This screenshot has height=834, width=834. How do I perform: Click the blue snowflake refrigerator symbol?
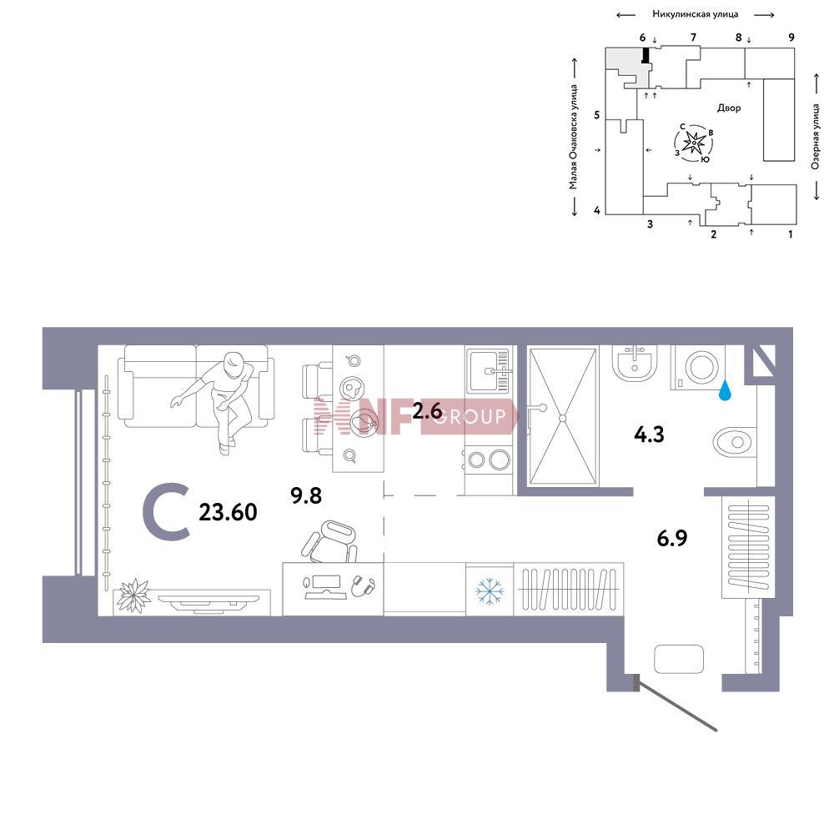point(490,591)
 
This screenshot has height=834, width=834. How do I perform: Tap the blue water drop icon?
point(725,389)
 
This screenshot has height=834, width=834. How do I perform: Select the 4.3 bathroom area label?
point(649,435)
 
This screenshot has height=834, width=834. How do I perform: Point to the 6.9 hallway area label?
point(672,538)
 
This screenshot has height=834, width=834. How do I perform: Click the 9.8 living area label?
point(306,495)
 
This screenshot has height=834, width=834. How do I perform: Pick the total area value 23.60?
point(229,512)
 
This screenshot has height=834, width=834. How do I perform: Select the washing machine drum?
point(701,367)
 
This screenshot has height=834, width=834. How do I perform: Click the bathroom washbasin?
point(635,364)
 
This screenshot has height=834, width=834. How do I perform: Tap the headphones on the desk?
point(364,586)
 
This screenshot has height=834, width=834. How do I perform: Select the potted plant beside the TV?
point(133,595)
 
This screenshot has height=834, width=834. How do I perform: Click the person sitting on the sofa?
point(223,398)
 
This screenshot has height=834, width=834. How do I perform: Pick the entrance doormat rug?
point(679,659)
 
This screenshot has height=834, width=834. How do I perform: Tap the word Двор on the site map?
point(729,108)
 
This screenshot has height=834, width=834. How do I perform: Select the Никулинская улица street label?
point(696,14)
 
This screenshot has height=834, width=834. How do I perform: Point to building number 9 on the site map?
point(791,38)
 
